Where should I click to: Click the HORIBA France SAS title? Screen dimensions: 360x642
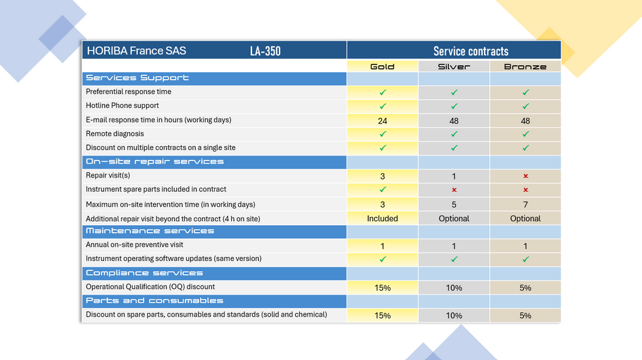(136, 51)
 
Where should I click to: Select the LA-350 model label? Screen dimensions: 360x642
(265, 51)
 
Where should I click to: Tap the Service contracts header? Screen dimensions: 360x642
(471, 51)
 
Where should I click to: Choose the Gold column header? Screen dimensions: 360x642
(382, 66)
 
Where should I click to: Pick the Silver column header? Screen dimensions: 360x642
(454, 66)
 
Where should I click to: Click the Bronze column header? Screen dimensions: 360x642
(525, 66)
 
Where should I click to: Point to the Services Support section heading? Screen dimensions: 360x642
(137, 78)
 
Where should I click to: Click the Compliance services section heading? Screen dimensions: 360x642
(144, 273)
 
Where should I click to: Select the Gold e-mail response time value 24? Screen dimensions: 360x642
(382, 120)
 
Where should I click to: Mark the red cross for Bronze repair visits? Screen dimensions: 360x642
(525, 176)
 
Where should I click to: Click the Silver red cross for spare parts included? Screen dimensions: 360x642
(454, 190)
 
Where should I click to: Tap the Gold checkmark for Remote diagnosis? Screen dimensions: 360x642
(382, 134)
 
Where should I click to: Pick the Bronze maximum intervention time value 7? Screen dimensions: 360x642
(525, 204)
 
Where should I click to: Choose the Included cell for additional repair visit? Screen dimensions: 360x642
(382, 218)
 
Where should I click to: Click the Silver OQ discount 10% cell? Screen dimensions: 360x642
(454, 288)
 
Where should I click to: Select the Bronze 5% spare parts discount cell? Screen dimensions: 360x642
(525, 315)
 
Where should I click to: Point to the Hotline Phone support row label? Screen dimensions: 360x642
(122, 105)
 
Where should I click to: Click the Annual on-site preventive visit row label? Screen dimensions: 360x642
(134, 245)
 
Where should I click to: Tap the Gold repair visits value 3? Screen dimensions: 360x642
(382, 176)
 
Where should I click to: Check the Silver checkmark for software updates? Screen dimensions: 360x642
(454, 260)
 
